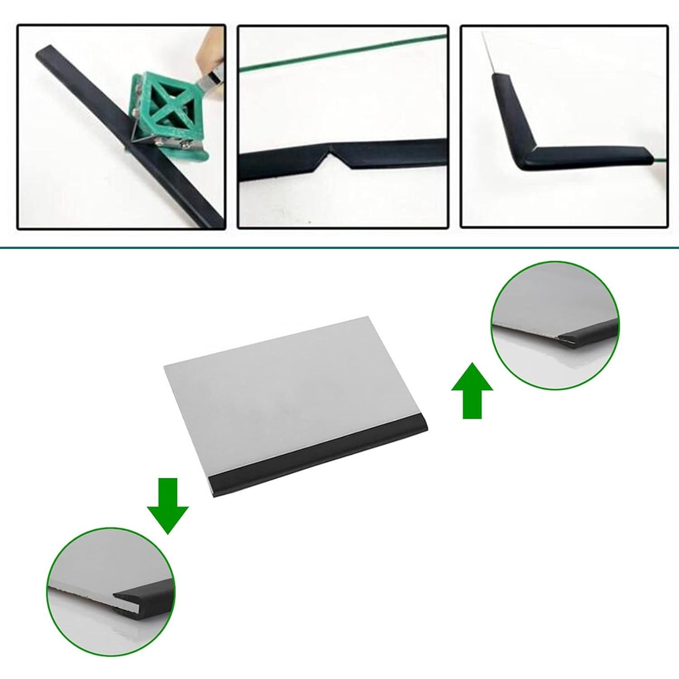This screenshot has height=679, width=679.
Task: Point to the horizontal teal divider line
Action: (x=339, y=248)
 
